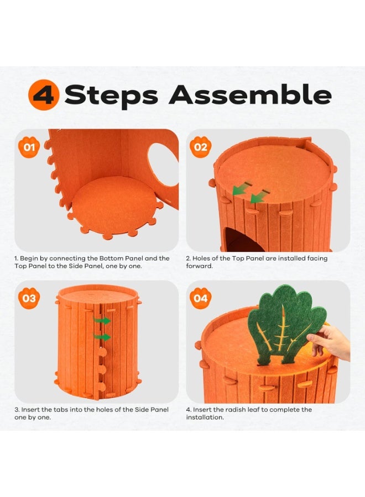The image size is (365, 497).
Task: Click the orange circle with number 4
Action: pyautogui.click(x=44, y=95)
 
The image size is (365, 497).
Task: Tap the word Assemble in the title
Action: pyautogui.click(x=250, y=95)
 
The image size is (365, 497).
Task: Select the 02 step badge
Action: pyautogui.click(x=201, y=147)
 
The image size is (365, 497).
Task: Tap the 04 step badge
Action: pyautogui.click(x=201, y=299)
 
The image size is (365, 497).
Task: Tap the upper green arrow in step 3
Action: pyautogui.click(x=102, y=320)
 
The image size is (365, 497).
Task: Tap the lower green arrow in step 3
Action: pyautogui.click(x=102, y=337)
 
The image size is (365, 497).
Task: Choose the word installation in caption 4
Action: pyautogui.click(x=205, y=417)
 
